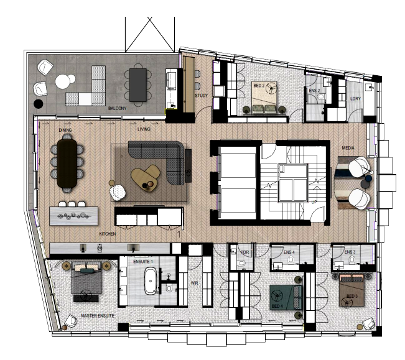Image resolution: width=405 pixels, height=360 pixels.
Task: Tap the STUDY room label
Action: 201,96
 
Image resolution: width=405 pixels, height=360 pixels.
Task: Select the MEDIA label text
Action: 348,149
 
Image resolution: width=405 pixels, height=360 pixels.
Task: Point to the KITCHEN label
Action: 108,234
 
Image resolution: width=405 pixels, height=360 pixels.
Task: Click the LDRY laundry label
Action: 355,98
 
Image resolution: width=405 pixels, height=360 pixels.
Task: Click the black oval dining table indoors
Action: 67,162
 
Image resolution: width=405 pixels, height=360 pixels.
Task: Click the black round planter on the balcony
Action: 39,103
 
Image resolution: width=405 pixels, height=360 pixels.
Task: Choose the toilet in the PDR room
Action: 241,264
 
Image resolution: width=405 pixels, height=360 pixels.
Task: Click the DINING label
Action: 65,131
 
